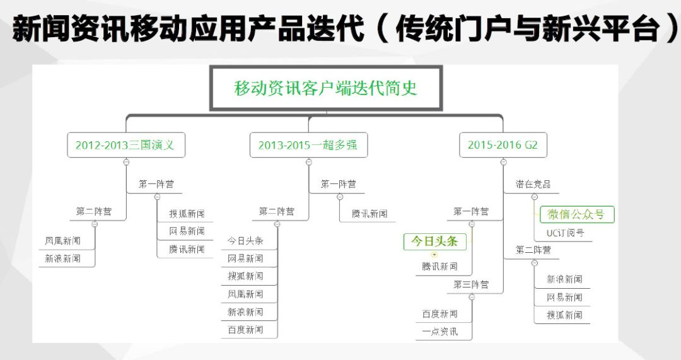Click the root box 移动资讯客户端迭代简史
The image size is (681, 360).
pyautogui.click(x=325, y=88)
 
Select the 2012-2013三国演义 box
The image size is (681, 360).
pyautogui.click(x=125, y=145)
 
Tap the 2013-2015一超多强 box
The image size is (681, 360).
pyautogui.click(x=308, y=145)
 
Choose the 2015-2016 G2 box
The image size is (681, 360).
pyautogui.click(x=503, y=145)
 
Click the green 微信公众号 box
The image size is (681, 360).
pyautogui.click(x=576, y=214)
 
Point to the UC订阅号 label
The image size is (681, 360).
pyautogui.click(x=565, y=233)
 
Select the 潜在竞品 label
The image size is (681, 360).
pyautogui.click(x=533, y=184)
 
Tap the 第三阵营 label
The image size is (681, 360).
pyautogui.click(x=470, y=284)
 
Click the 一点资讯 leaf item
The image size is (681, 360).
pyautogui.click(x=440, y=332)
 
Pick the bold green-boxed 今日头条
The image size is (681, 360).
pyautogui.click(x=434, y=241)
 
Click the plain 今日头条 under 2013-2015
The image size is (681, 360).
pyautogui.click(x=245, y=241)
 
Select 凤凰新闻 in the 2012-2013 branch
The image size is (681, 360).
pyautogui.click(x=62, y=241)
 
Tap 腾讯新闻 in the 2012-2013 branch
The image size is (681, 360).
pyautogui.click(x=187, y=249)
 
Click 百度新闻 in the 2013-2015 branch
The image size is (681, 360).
pyautogui.click(x=245, y=330)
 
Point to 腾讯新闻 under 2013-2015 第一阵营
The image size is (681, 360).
pyautogui.click(x=370, y=214)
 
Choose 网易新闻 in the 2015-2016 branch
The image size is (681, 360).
pyautogui.click(x=564, y=297)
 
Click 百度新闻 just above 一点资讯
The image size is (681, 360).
pyautogui.click(x=440, y=314)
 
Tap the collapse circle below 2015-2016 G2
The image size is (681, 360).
pyautogui.click(x=503, y=162)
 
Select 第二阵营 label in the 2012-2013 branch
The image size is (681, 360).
pyautogui.click(x=94, y=211)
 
